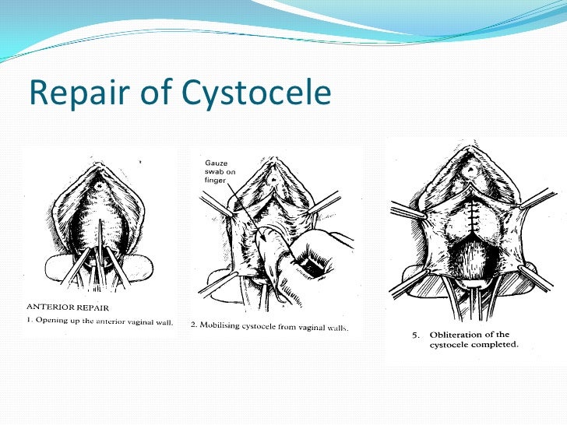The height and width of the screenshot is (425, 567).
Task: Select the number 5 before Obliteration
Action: (416, 335)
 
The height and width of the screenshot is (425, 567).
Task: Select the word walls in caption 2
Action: (336, 325)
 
